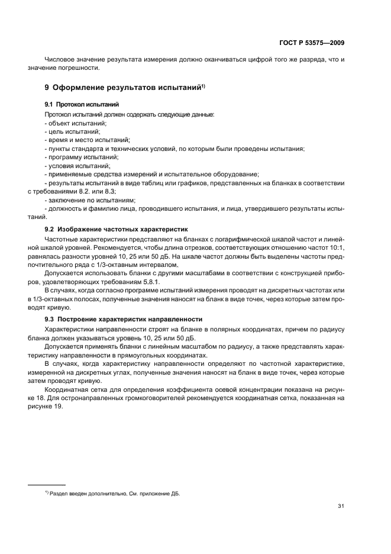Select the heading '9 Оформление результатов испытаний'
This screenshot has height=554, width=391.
coord(124,88)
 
